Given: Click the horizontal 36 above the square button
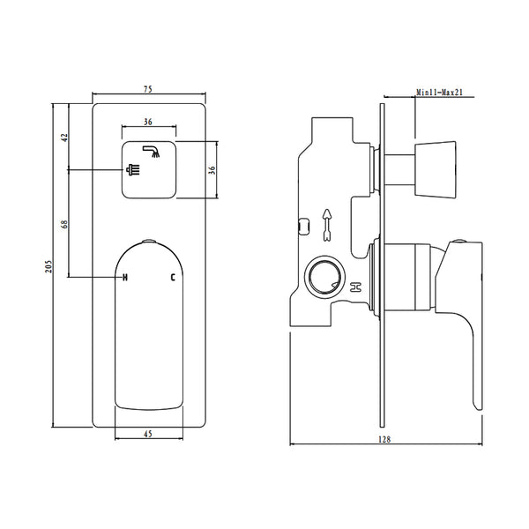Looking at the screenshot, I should [x=148, y=123].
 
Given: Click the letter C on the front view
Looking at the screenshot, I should [x=173, y=278].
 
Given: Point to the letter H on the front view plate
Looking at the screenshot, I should [x=125, y=278].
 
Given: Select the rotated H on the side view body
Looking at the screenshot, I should [x=356, y=287].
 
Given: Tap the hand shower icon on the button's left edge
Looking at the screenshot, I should [x=134, y=170].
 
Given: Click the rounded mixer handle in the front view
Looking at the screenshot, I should [x=148, y=326].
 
